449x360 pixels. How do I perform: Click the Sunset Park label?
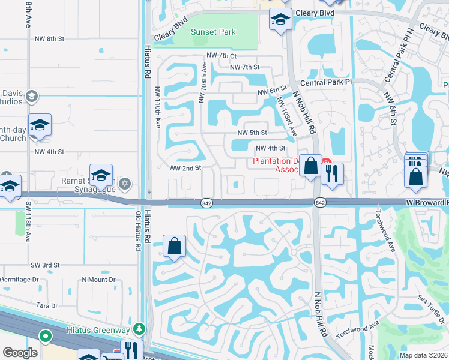pyautogui.click(x=213, y=32)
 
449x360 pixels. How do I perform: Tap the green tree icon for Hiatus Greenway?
pyautogui.click(x=140, y=329)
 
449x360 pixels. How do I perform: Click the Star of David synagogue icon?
pyautogui.click(x=125, y=183)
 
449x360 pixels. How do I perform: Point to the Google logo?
pyautogui.click(x=20, y=353)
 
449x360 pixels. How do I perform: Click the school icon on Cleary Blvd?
pyautogui.click(x=280, y=20)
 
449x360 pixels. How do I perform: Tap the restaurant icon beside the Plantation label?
pyautogui.click(x=332, y=174)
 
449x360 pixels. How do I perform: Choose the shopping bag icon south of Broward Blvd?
pyautogui.click(x=174, y=246)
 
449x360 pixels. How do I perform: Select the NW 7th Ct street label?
pyautogui.click(x=222, y=55)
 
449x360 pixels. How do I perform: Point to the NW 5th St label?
pyautogui.click(x=252, y=133)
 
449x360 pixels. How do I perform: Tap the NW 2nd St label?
pyautogui.click(x=185, y=169)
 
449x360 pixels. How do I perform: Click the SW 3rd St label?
pyautogui.click(x=45, y=265)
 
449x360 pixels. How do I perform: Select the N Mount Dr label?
pyautogui.click(x=98, y=280)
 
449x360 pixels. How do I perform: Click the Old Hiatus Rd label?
pyautogui.click(x=137, y=231)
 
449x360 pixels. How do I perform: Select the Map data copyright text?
pyautogui.click(x=423, y=355)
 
